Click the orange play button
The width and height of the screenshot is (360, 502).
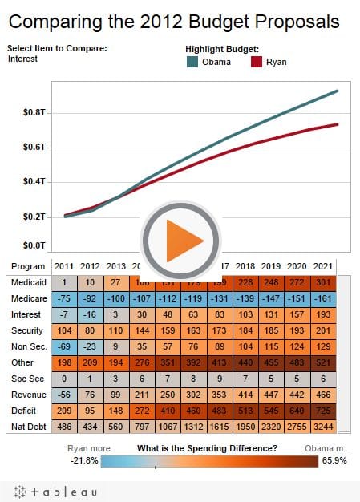pos(180,237)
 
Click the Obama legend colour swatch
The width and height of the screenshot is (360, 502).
pos(193,61)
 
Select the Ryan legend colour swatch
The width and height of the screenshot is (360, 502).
pos(257,61)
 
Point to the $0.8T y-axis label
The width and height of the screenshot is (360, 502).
pos(34,113)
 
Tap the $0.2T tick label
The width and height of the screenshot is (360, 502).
pos(34,217)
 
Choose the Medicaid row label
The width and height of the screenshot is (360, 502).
pos(28,282)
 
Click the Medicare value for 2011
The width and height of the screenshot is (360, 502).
pos(65,298)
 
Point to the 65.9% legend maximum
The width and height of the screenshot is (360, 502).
pos(334,460)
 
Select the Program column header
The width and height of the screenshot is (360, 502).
pos(28,266)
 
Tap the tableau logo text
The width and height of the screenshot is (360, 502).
pos(61,491)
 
